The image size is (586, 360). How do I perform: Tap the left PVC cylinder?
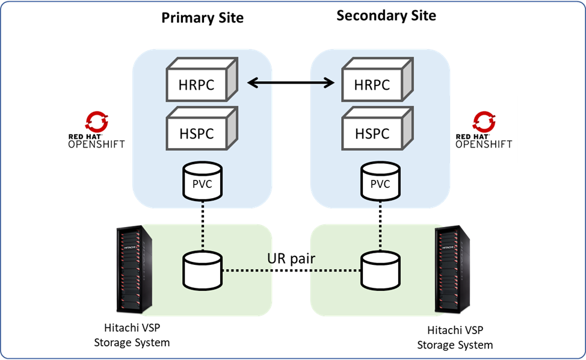[x=202, y=180]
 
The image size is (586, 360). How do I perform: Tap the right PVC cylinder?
[x=380, y=180]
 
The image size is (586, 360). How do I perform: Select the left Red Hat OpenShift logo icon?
[x=97, y=121]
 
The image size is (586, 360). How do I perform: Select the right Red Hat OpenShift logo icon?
[x=484, y=121]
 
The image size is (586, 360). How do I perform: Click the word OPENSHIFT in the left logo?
[x=96, y=145]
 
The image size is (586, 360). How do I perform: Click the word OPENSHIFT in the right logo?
[x=484, y=145]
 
